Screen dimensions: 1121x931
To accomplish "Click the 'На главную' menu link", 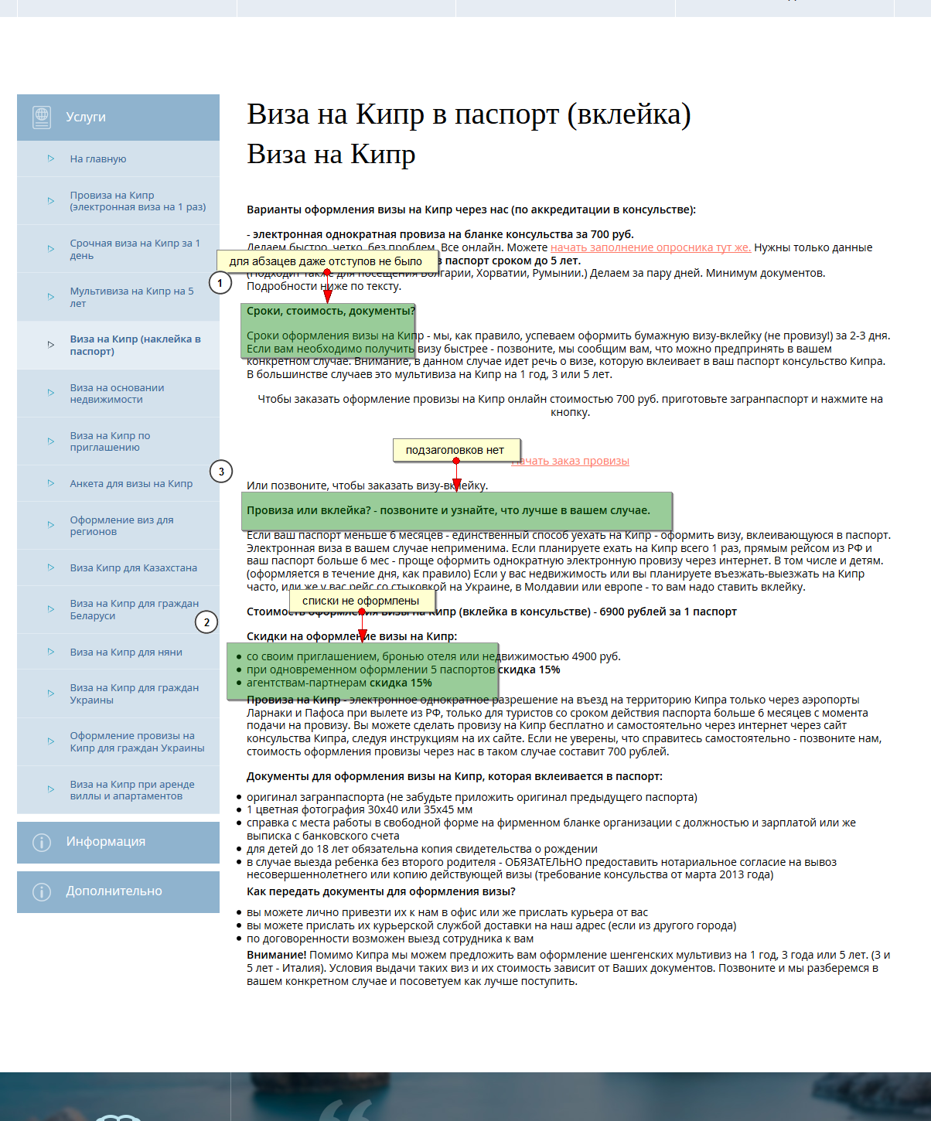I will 98,158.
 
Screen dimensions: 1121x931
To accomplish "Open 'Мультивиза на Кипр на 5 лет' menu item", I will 131,297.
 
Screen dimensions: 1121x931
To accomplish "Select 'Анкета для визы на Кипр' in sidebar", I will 131,483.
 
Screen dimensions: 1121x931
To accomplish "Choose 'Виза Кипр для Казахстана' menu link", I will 133,567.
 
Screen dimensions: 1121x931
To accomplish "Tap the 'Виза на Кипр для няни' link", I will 126,652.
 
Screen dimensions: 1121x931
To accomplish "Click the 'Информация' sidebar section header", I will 105,841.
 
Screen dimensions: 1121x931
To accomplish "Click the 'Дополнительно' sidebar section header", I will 114,891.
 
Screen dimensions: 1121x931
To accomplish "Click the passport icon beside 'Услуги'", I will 42,117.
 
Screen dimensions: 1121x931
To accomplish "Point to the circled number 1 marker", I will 220,283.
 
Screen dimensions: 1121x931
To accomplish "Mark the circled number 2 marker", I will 206,622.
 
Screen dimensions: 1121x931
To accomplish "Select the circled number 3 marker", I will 221,471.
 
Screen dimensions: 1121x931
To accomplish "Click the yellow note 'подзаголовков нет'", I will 455,450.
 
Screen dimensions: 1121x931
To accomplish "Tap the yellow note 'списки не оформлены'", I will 361,601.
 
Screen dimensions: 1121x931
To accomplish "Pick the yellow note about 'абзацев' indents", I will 326,261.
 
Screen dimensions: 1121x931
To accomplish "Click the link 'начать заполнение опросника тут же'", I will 650,247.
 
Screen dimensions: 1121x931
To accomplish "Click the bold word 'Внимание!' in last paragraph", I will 276,955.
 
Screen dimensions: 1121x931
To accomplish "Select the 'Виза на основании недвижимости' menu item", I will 117,394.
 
